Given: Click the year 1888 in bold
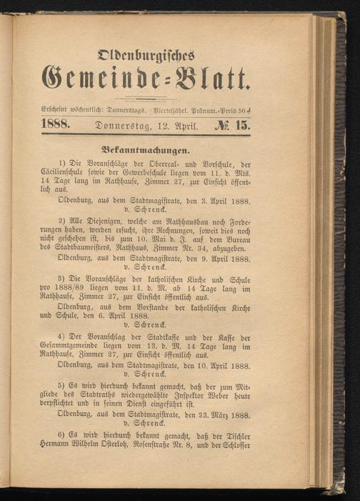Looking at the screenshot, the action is [59, 125].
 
